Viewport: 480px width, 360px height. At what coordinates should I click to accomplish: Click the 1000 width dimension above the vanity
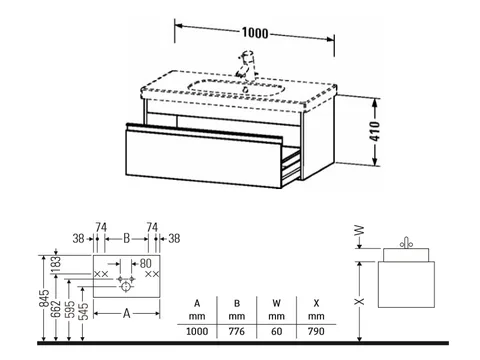255,33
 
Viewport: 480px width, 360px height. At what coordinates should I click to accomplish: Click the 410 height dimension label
375,131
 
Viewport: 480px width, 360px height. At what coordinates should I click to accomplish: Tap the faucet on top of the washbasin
246,64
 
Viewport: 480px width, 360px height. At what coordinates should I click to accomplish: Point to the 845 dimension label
44,298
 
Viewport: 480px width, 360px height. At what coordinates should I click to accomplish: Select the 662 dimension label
57,309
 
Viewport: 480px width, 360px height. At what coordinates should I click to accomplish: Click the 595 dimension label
70,309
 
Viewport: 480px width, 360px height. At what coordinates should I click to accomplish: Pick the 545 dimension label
83,311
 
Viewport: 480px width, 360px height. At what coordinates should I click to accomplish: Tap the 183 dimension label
56,263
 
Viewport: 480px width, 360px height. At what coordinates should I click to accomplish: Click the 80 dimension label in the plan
145,263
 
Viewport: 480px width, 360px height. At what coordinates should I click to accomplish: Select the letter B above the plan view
127,239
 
